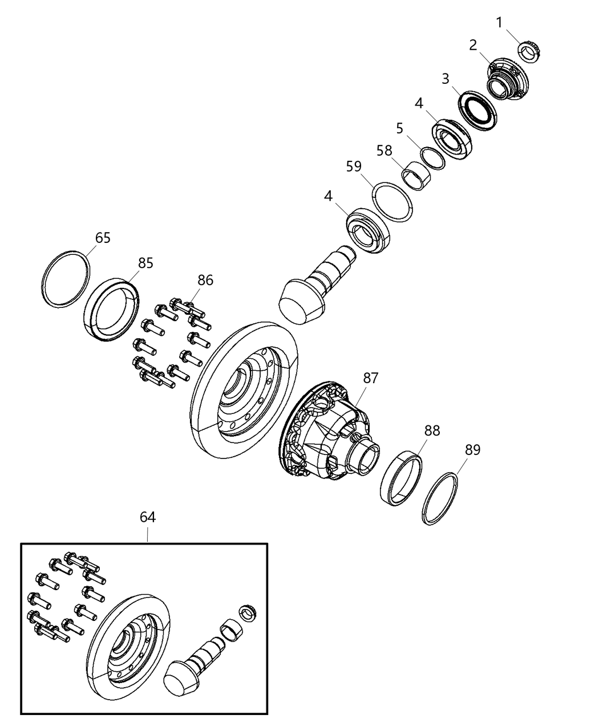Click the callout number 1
[500, 23]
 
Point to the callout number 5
[400, 128]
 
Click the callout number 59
[354, 166]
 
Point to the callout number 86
[205, 280]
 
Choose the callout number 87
[371, 377]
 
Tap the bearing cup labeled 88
[402, 477]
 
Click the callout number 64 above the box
[148, 517]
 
